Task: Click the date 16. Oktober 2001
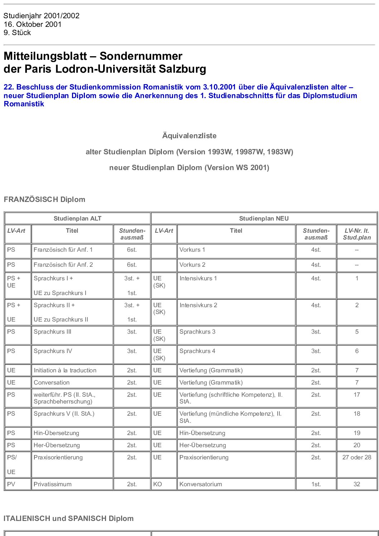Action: pyautogui.click(x=33, y=24)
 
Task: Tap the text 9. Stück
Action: pyautogui.click(x=17, y=33)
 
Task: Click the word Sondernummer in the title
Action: pyautogui.click(x=141, y=56)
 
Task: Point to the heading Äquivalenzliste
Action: pyautogui.click(x=189, y=136)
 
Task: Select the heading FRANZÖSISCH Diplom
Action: pyautogui.click(x=44, y=199)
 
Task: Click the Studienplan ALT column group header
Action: pyautogui.click(x=77, y=218)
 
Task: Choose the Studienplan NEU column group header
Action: pyautogui.click(x=264, y=218)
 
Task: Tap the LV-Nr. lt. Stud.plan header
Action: pyautogui.click(x=356, y=234)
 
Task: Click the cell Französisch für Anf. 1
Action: pyautogui.click(x=63, y=250)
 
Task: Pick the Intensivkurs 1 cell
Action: pyautogui.click(x=198, y=278)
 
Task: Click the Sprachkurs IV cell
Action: pyautogui.click(x=53, y=351)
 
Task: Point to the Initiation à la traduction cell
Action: pyautogui.click(x=65, y=370)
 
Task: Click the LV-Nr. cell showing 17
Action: pyautogui.click(x=357, y=395)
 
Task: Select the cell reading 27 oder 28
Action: pyautogui.click(x=357, y=457)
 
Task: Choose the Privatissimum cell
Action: pyautogui.click(x=52, y=484)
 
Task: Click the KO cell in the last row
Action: pyautogui.click(x=158, y=484)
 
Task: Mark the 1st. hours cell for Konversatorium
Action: pyautogui.click(x=316, y=484)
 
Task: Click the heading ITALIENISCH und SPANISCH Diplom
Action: pyautogui.click(x=68, y=518)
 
